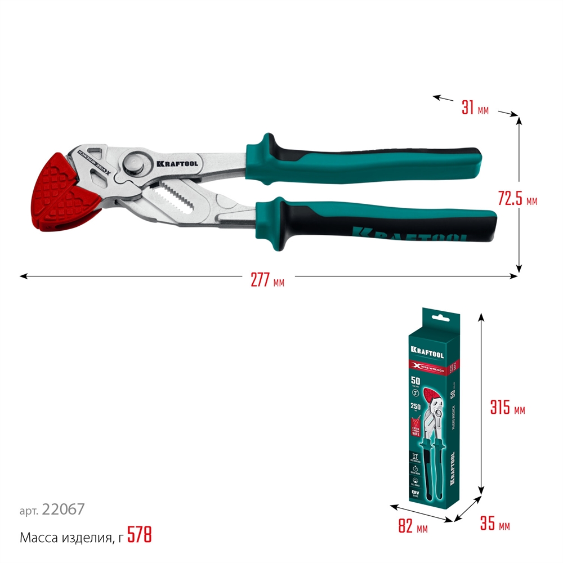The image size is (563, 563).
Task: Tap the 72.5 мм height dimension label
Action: (x=517, y=199)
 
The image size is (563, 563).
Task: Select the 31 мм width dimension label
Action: (x=475, y=108)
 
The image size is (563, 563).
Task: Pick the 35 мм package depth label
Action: (x=495, y=525)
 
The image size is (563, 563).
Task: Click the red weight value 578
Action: (x=140, y=534)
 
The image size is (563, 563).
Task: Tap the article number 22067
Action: (x=63, y=510)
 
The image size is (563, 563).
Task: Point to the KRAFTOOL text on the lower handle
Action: (x=408, y=232)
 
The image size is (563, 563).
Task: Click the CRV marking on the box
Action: (x=415, y=493)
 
